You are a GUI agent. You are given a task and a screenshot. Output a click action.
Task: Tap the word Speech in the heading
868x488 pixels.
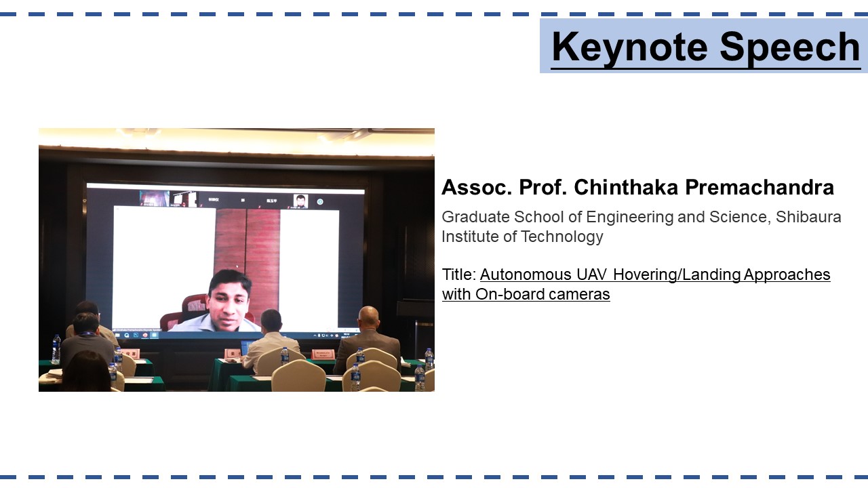coord(790,47)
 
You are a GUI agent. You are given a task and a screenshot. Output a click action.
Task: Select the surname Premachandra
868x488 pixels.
coord(759,188)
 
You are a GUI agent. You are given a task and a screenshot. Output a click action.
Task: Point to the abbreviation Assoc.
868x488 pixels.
coord(477,188)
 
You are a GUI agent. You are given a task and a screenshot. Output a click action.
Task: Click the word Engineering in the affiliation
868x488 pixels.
coord(630,218)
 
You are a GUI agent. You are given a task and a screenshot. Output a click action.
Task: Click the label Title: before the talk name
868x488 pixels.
coord(459,274)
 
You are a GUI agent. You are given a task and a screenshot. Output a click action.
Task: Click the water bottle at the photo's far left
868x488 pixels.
coord(56,349)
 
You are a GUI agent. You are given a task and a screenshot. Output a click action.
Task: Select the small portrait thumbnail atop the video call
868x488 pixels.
coord(300,201)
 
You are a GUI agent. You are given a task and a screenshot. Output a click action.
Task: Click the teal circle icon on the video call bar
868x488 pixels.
coord(320,202)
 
